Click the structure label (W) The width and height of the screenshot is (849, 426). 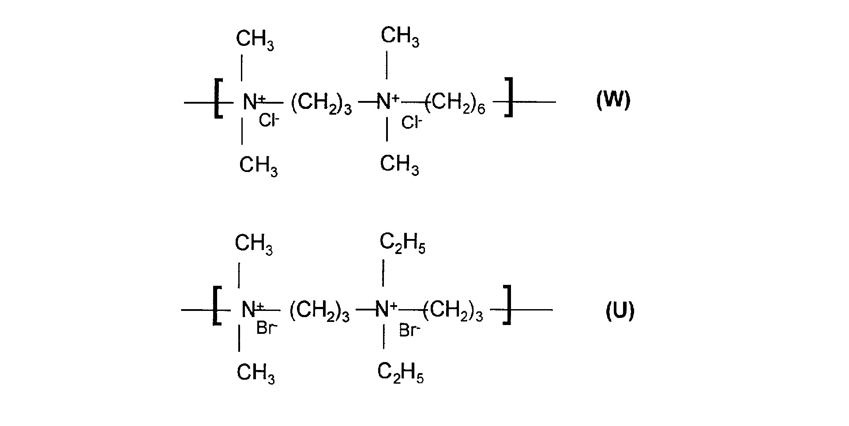613,100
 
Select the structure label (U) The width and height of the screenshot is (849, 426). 620,311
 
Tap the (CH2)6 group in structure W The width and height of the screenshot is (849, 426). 455,104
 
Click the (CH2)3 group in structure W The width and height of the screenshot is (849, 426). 321,105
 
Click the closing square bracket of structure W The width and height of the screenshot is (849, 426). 509,97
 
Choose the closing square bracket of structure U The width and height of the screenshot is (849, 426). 507,305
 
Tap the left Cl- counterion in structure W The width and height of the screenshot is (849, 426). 269,120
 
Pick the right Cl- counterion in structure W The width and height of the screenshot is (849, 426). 412,122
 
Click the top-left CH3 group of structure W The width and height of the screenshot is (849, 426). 255,40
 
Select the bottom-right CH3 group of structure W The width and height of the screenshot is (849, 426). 399,165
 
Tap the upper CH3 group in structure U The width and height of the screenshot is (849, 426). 254,244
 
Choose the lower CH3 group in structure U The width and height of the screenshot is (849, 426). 256,374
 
